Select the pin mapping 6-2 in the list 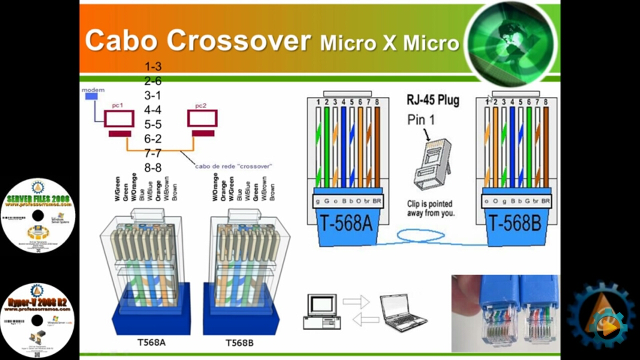[x=153, y=139]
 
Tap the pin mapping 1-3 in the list [x=153, y=66]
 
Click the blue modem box [x=91, y=96]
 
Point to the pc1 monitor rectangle [x=119, y=118]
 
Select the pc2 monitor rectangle [x=202, y=118]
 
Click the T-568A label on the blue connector [x=346, y=223]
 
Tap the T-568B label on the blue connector [x=515, y=223]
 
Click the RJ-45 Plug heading [x=432, y=100]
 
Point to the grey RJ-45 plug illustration [x=431, y=162]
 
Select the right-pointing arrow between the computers [x=355, y=301]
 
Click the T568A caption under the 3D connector [x=151, y=343]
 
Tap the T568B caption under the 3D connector [x=239, y=343]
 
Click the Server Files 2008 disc [x=38, y=215]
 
